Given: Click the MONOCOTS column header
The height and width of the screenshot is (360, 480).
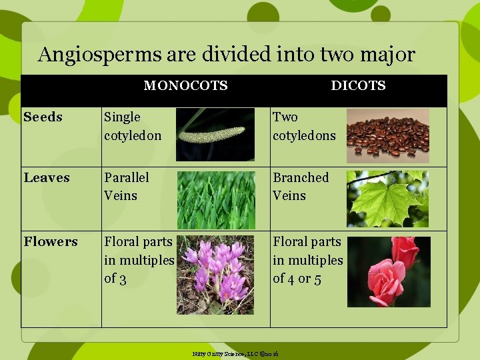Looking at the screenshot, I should click(185, 85).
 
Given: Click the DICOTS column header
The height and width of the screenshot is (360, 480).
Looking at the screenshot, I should click(358, 85).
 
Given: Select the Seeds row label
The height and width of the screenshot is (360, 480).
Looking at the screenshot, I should click(43, 117).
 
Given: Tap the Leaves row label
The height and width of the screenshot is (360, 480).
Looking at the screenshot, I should click(46, 178).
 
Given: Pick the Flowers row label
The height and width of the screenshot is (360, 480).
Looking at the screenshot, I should click(50, 242).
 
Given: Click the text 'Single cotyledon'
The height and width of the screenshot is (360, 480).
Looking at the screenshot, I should click(132, 126).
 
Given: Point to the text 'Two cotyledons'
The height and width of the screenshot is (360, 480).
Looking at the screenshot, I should click(303, 126).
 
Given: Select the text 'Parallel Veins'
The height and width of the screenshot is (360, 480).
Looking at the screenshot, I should click(126, 187).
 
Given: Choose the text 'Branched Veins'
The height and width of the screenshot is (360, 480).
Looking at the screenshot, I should click(300, 187).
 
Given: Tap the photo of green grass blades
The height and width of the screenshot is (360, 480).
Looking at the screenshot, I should click(215, 199).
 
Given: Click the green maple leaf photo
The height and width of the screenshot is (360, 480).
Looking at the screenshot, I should click(387, 199).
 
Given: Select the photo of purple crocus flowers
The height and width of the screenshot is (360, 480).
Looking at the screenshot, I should click(215, 274).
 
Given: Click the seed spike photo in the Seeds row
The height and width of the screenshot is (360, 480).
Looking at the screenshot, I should click(215, 135).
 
